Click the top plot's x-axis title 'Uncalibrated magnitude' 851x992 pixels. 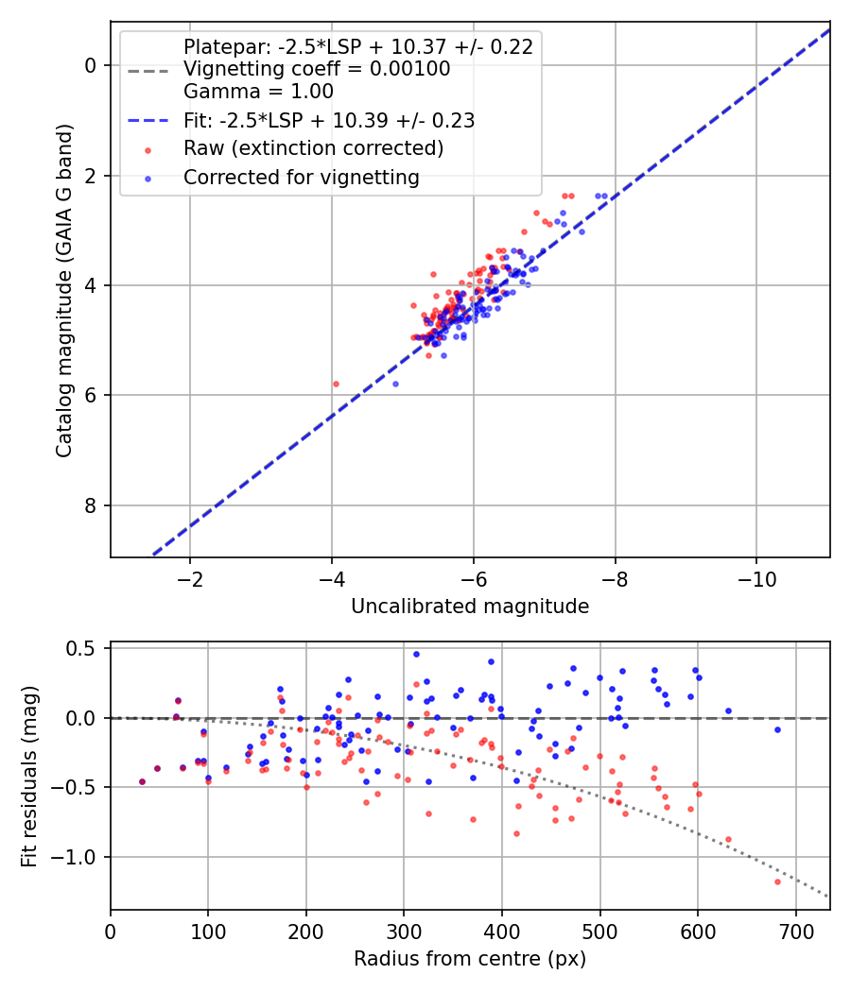[x=470, y=607]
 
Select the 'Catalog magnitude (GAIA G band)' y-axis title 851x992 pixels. [x=64, y=290]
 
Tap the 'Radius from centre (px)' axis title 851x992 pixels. [x=470, y=959]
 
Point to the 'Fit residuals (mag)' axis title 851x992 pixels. [x=29, y=777]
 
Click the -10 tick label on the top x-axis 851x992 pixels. [x=756, y=579]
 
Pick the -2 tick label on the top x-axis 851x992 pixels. [x=189, y=579]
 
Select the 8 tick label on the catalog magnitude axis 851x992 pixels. [x=91, y=505]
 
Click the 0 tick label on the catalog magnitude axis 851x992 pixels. [x=91, y=66]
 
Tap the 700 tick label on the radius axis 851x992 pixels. [x=796, y=932]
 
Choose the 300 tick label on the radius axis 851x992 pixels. [x=404, y=932]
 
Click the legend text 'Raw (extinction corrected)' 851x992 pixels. [x=313, y=148]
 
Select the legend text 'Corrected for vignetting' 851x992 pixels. [x=302, y=178]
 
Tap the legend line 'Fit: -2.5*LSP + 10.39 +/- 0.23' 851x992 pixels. [x=148, y=120]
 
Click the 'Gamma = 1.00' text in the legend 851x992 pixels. [x=258, y=91]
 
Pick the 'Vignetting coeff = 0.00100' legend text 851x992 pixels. [x=317, y=68]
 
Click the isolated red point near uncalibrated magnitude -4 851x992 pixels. [x=336, y=384]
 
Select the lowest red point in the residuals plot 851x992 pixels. [x=777, y=881]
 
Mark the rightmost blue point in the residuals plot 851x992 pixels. [x=777, y=730]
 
